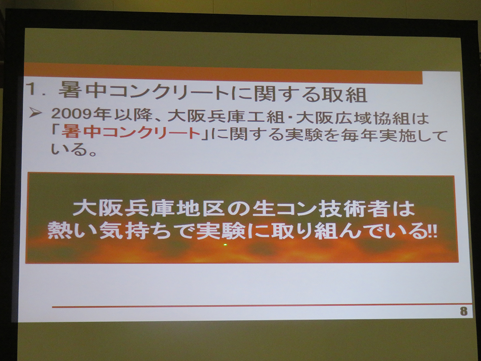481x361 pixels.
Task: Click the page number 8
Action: tap(464, 311)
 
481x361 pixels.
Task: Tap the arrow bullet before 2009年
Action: tap(35, 114)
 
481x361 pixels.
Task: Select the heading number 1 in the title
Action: tap(32, 89)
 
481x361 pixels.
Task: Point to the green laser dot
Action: tap(225, 245)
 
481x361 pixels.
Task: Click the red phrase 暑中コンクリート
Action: tap(131, 132)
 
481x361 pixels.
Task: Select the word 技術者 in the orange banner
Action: tap(355, 209)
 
